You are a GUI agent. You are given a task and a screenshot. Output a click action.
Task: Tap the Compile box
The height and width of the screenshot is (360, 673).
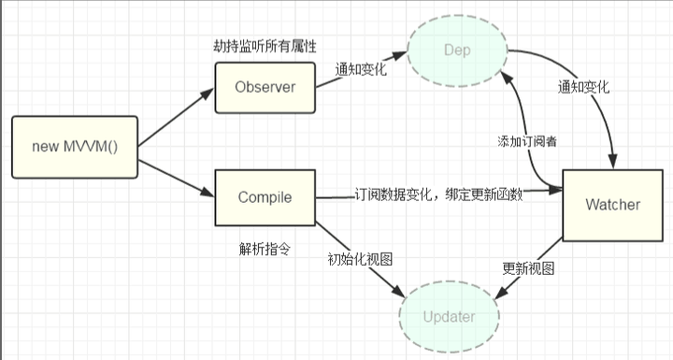265,197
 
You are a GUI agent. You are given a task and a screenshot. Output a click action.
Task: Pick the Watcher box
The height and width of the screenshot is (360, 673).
612,204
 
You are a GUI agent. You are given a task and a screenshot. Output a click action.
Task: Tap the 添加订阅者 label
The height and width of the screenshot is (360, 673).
528,142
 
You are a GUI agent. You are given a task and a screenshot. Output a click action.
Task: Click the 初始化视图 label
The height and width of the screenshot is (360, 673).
358,259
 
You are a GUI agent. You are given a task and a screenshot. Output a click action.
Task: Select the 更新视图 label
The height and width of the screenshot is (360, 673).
529,267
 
